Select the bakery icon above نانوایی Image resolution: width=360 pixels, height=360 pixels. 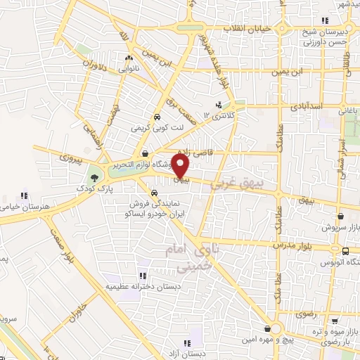pos(128,58)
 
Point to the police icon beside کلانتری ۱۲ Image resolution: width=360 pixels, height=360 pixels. pos(218,105)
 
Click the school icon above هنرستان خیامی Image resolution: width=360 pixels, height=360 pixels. pos(24,195)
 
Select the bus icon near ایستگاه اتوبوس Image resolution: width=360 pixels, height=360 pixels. pos(345,250)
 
